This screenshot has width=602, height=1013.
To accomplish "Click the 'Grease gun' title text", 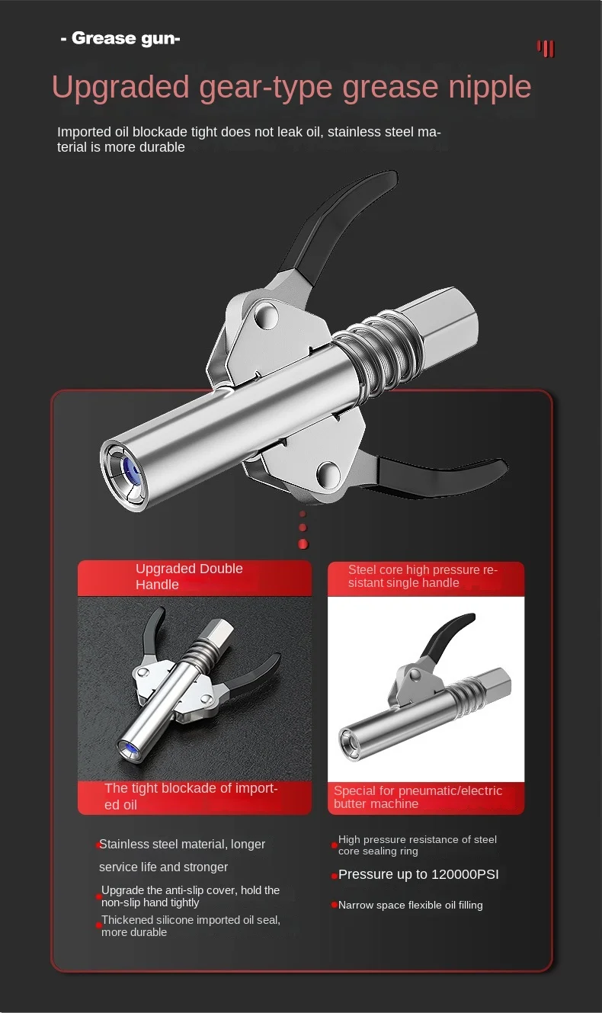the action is point(120,39).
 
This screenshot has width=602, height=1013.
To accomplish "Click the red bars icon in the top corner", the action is point(546,48).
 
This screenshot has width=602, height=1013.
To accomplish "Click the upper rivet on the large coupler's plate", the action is point(266,316).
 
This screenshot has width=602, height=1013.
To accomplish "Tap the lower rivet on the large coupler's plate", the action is point(329,474).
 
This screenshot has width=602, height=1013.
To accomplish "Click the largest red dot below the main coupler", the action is point(303,544).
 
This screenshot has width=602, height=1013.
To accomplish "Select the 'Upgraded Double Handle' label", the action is point(190,576).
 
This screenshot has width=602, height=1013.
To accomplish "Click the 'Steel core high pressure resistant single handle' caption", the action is point(423,576).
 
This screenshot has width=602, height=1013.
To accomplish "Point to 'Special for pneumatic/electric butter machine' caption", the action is point(418,797).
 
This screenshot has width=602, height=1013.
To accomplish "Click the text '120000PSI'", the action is point(465,874).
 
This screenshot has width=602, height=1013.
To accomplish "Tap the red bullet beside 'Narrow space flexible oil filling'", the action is point(335,905).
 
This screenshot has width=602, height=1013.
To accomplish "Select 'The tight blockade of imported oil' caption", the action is point(191,797).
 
